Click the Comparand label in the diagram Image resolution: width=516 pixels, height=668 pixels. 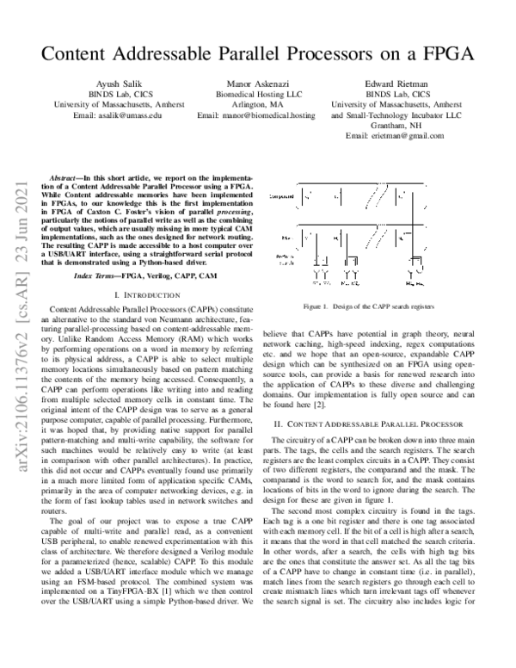point(283,196)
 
